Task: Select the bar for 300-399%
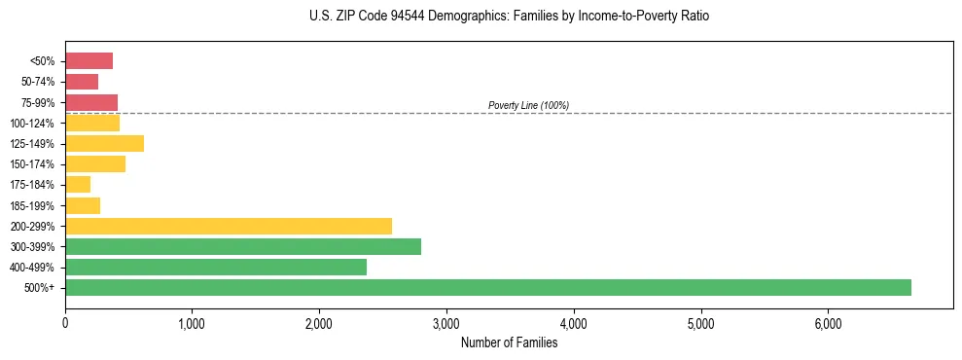[x=243, y=246]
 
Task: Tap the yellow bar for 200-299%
[x=229, y=226]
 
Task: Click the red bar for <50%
[x=89, y=61]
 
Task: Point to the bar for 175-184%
[x=78, y=185]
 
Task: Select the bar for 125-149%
[x=104, y=144]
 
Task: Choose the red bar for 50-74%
[x=82, y=82]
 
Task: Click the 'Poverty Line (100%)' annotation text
[x=528, y=105]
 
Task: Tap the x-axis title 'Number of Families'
[x=509, y=342]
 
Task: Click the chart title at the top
[x=510, y=17]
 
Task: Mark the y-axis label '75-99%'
[x=39, y=103]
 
